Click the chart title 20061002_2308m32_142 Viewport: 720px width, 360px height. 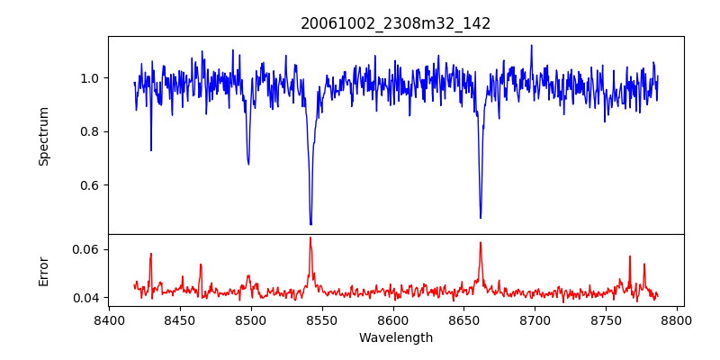click(x=395, y=23)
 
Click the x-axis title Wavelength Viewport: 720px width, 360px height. click(x=395, y=337)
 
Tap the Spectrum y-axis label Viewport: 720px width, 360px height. click(x=44, y=136)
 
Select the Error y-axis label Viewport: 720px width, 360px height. click(x=44, y=271)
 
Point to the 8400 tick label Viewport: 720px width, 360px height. click(x=109, y=319)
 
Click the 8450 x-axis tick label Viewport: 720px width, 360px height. click(x=180, y=319)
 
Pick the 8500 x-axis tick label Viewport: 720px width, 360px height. click(x=251, y=319)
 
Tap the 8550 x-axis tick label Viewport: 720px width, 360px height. click(x=322, y=319)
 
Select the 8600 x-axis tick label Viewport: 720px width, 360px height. click(x=393, y=319)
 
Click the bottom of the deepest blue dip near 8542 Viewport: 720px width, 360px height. click(x=310, y=224)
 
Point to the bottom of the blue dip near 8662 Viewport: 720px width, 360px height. click(x=481, y=217)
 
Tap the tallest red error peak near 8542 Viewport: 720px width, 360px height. click(x=310, y=238)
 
